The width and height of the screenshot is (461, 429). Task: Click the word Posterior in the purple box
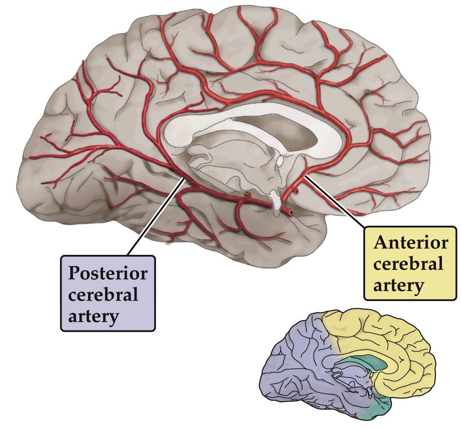click(107, 274)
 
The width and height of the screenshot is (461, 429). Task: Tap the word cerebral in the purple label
click(103, 295)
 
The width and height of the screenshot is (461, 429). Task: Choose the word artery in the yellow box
click(398, 285)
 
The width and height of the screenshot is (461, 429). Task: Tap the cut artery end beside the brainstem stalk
click(289, 212)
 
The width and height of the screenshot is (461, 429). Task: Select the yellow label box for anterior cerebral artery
click(411, 264)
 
